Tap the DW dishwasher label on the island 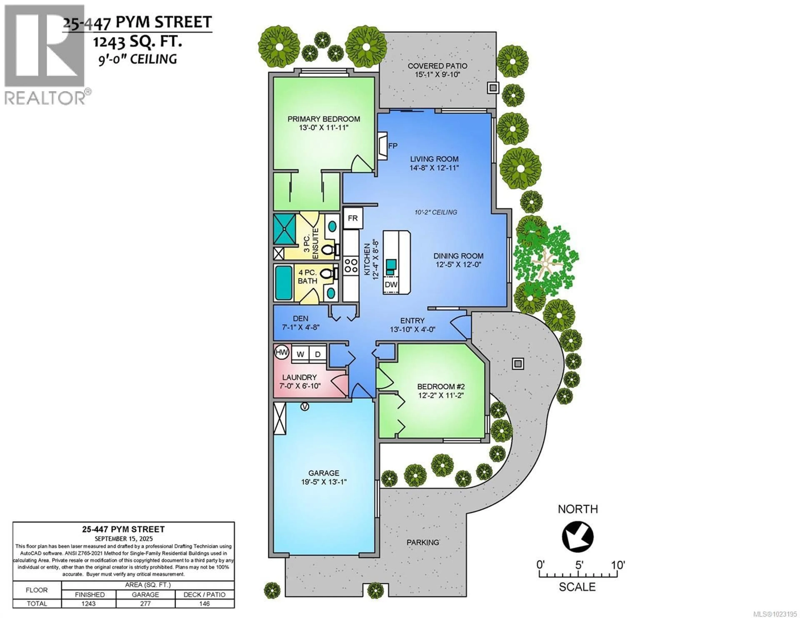[x=391, y=284]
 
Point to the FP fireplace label [x=393, y=146]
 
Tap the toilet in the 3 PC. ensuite [x=328, y=250]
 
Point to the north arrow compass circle [x=578, y=537]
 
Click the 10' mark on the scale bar [x=617, y=565]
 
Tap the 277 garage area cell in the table [x=145, y=603]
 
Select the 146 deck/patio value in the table [x=204, y=603]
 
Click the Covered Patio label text [x=437, y=66]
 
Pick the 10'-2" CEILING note [x=436, y=212]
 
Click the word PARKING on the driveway [x=423, y=542]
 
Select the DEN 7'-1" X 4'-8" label [x=300, y=323]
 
